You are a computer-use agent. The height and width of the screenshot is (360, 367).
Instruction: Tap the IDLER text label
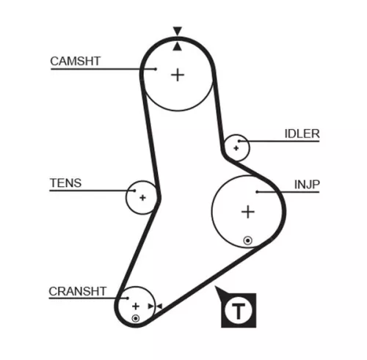pos(302,133)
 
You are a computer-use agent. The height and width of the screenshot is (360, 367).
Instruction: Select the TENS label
pos(65,183)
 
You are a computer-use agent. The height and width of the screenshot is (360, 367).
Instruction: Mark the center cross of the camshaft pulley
pos(178,74)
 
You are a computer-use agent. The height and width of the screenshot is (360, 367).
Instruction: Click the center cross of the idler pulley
pos(236,148)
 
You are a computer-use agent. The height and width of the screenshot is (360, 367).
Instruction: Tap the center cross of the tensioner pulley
pos(142,197)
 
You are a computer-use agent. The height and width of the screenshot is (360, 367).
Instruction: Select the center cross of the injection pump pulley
pos(248,212)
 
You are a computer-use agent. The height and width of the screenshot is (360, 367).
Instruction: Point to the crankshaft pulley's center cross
pos(136,305)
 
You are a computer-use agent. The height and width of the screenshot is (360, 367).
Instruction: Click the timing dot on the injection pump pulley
pos(248,240)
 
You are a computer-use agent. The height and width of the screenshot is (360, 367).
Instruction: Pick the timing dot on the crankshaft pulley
pos(136,317)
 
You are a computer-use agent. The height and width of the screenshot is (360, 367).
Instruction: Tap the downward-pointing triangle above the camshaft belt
pos(177,32)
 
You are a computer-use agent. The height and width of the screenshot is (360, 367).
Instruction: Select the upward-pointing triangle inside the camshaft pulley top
pos(177,45)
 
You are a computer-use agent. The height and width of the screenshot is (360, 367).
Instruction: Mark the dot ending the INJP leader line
pos(258,192)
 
